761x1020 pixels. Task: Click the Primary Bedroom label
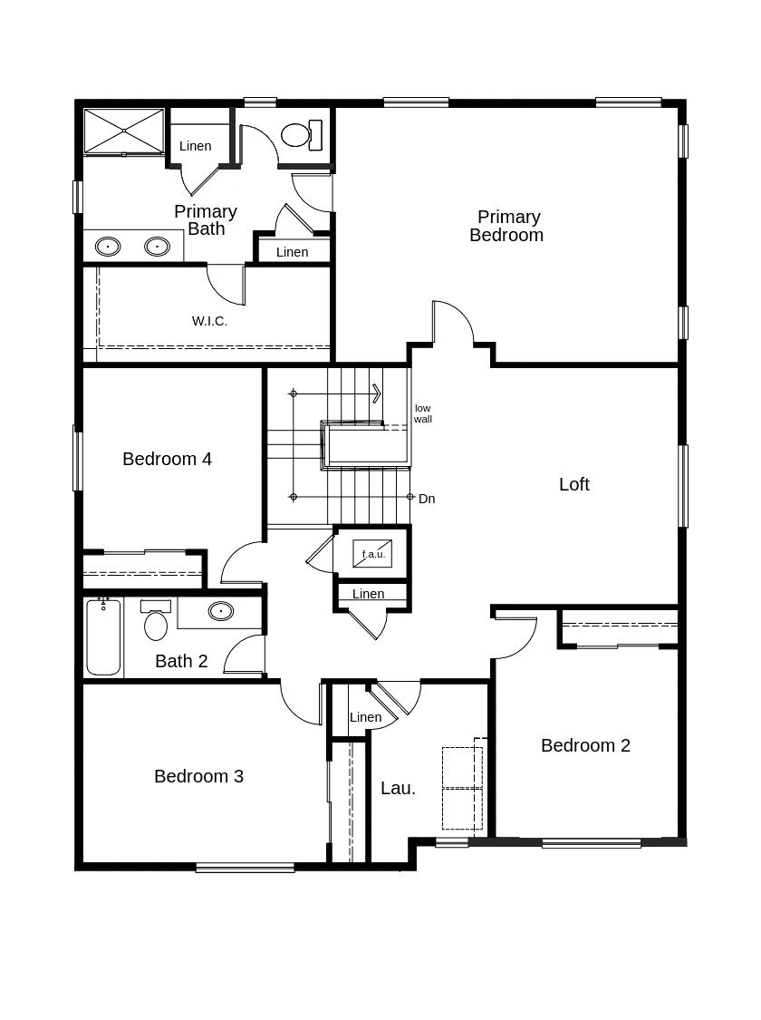[506, 226]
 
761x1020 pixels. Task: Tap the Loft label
[573, 484]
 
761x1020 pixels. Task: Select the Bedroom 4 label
[167, 459]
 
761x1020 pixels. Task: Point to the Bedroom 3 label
[199, 776]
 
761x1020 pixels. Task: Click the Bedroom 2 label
[585, 745]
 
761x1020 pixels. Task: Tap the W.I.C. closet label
[209, 321]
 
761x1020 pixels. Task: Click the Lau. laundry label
[398, 788]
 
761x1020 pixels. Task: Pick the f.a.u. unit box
[372, 554]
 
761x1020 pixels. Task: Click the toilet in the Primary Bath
[302, 135]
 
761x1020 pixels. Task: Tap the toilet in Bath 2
[156, 620]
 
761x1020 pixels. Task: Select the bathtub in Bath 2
[103, 636]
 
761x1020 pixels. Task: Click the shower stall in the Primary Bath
[124, 131]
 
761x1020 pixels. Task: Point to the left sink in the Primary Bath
[108, 247]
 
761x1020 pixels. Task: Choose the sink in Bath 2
[221, 611]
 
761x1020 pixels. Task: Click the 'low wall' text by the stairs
[422, 413]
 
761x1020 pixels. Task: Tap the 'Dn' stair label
[427, 499]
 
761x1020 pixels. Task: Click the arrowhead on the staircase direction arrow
[376, 393]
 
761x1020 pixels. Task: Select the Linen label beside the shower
[195, 146]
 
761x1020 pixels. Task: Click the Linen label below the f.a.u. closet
[368, 593]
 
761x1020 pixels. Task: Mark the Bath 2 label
[181, 661]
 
